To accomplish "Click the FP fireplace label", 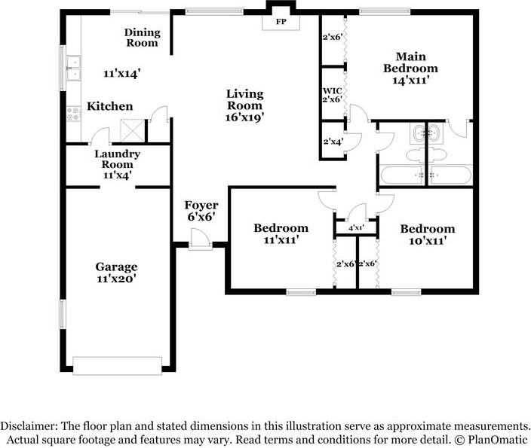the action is click(x=281, y=22).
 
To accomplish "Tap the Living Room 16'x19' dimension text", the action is click(x=244, y=117).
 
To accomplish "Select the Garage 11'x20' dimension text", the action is click(x=116, y=279).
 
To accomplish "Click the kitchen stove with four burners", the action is click(x=73, y=114).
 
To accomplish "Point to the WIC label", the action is click(x=332, y=90).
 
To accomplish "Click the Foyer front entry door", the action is click(x=200, y=239).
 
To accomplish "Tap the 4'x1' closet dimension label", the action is click(x=356, y=228).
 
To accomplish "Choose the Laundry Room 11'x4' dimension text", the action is click(x=117, y=175).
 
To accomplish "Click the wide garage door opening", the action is click(x=117, y=365).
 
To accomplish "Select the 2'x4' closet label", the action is click(x=333, y=142).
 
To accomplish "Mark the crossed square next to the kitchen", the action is click(x=133, y=131).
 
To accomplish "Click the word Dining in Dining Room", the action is click(x=143, y=32).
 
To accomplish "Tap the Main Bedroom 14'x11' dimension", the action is click(x=411, y=80).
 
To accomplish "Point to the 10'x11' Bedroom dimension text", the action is click(x=427, y=241).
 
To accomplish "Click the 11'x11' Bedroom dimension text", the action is click(x=281, y=239).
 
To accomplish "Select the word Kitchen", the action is click(x=109, y=106).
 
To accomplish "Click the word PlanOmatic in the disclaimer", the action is click(x=498, y=440).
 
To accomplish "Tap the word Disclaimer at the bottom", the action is click(x=29, y=425).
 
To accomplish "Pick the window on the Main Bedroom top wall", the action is click(x=385, y=12).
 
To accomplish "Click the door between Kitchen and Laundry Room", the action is click(x=100, y=136).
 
